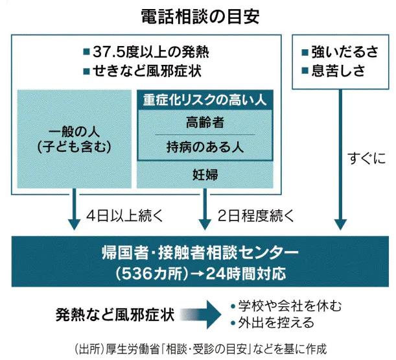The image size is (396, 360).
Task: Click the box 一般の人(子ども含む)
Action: [x=76, y=139]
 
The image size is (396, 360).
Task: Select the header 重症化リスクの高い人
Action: [x=205, y=100]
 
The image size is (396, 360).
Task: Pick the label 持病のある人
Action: [x=204, y=146]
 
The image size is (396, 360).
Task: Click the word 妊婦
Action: [x=205, y=174]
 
